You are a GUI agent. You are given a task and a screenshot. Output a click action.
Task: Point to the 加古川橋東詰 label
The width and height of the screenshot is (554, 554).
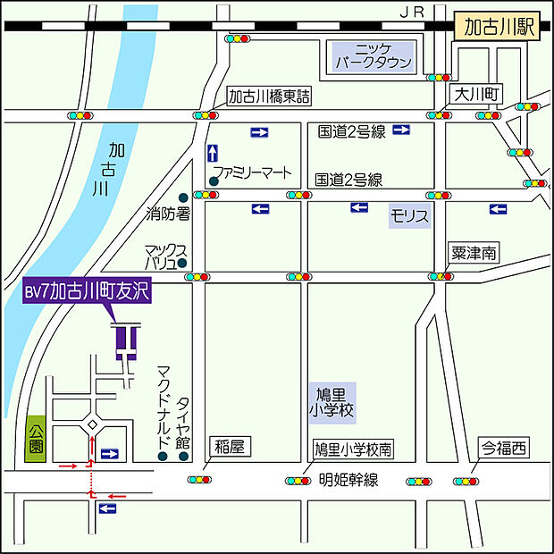(268, 96)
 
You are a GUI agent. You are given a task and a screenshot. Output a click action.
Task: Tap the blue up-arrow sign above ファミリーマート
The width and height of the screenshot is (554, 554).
(212, 153)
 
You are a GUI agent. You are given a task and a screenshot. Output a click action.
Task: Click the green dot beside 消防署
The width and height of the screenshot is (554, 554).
(183, 197)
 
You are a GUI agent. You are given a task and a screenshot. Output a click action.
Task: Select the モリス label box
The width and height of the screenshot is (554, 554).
(410, 215)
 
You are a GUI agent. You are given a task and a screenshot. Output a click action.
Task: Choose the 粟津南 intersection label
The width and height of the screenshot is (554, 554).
(474, 254)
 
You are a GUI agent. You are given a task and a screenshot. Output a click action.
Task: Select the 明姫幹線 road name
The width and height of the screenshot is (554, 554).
(349, 480)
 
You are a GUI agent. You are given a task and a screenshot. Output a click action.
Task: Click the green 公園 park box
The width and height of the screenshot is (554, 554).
(36, 439)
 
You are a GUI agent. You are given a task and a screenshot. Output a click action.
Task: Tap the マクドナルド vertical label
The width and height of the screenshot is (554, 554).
(163, 406)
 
